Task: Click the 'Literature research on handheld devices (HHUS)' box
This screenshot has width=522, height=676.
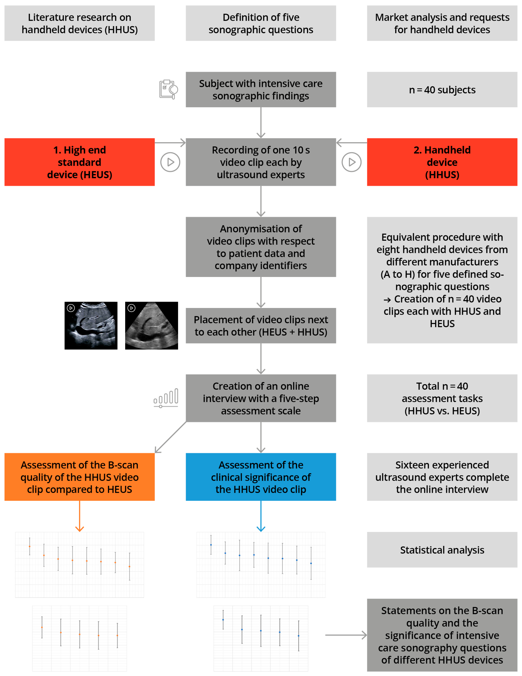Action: [x=80, y=23]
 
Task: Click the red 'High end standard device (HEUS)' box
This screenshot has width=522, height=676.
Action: [x=80, y=162]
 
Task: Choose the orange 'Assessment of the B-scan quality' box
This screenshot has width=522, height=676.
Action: [x=80, y=477]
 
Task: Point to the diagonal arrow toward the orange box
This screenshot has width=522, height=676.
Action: [x=170, y=438]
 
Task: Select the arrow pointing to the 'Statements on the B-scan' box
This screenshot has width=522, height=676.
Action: [x=346, y=635]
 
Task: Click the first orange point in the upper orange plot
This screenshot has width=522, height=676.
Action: [x=30, y=546]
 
